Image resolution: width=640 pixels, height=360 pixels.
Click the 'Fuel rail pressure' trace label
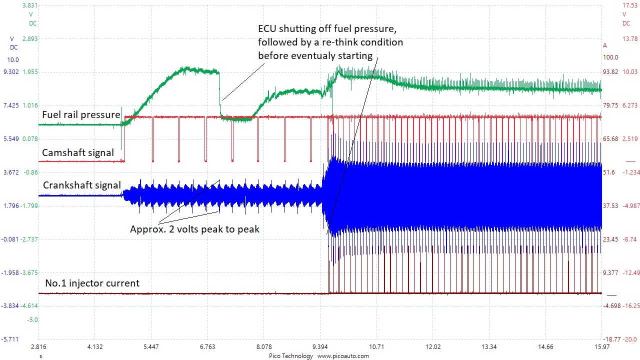point(81,114)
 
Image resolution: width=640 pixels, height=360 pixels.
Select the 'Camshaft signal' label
point(78,152)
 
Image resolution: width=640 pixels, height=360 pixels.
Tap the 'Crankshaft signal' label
point(82,185)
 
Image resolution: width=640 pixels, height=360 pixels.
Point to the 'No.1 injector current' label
point(92,283)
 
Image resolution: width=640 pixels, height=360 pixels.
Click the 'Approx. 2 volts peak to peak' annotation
point(194,229)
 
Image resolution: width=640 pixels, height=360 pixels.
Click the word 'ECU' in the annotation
point(268,28)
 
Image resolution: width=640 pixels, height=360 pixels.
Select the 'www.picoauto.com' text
point(343,356)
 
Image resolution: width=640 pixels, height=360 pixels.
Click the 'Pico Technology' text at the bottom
point(290,356)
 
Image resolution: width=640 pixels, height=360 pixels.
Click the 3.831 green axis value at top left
point(30,5)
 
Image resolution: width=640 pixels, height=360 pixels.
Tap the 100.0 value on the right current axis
point(610,57)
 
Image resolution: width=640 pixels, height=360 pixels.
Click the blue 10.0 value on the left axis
point(13,59)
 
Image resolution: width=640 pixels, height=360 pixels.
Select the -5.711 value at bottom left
point(10,339)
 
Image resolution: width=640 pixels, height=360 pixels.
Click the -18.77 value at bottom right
point(609,339)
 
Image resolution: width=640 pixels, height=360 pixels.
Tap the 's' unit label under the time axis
point(40,356)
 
